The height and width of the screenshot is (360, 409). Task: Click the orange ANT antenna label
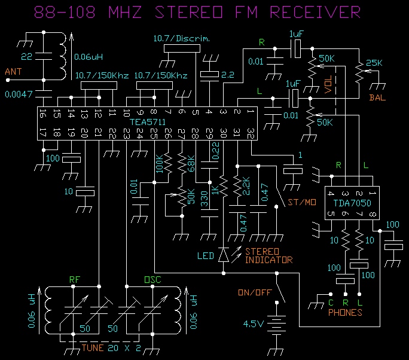click(13, 72)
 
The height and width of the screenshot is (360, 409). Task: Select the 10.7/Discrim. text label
click(176, 39)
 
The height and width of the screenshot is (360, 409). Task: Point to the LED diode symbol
click(223, 255)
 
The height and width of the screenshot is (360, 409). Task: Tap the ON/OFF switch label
click(253, 292)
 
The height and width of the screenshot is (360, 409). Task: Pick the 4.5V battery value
click(253, 324)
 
